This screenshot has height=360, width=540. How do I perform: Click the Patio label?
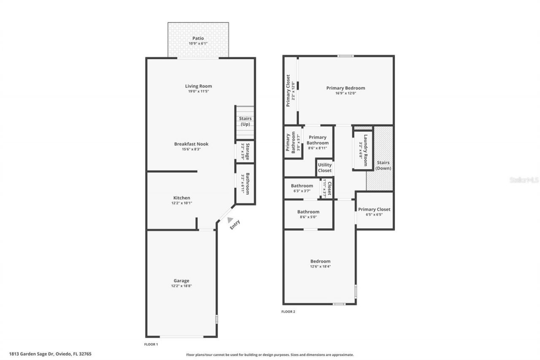tap(198, 38)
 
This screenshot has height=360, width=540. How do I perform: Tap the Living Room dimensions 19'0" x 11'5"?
tap(198, 92)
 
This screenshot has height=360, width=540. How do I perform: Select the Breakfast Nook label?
tap(191, 144)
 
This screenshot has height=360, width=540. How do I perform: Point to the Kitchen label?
tap(181, 198)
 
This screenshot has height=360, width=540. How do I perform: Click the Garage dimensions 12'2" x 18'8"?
tap(181, 286)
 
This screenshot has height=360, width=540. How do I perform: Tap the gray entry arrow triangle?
tap(230, 219)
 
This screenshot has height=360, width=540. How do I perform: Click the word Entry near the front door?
tap(235, 225)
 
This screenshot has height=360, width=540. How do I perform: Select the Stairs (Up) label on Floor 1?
tap(245, 121)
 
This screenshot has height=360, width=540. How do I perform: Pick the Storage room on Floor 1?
tap(245, 152)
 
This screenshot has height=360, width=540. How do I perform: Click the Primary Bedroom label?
tap(346, 88)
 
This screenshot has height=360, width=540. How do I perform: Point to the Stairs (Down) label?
tap(383, 165)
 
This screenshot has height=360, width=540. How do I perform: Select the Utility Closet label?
tap(324, 168)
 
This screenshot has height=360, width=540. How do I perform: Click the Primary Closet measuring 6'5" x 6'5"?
tap(374, 211)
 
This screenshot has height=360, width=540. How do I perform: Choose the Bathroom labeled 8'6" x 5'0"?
tap(308, 214)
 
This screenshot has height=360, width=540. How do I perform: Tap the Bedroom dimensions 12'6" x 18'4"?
tap(320, 266)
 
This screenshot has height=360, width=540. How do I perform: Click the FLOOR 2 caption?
tap(288, 312)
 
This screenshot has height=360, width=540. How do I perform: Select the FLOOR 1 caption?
tap(151, 344)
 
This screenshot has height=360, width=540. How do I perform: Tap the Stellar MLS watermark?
tap(524, 180)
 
